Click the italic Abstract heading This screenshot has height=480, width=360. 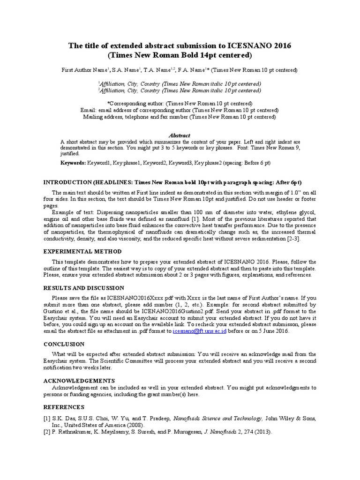180,135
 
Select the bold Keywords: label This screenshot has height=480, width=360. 73,163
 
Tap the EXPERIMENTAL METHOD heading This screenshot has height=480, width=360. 82,252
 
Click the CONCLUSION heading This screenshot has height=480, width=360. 64,344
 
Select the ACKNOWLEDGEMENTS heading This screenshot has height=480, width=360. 79,381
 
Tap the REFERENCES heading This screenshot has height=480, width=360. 64,407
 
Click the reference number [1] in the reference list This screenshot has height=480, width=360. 47,418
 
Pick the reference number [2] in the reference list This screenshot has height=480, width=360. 47,432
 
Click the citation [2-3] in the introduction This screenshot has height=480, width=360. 293,239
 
